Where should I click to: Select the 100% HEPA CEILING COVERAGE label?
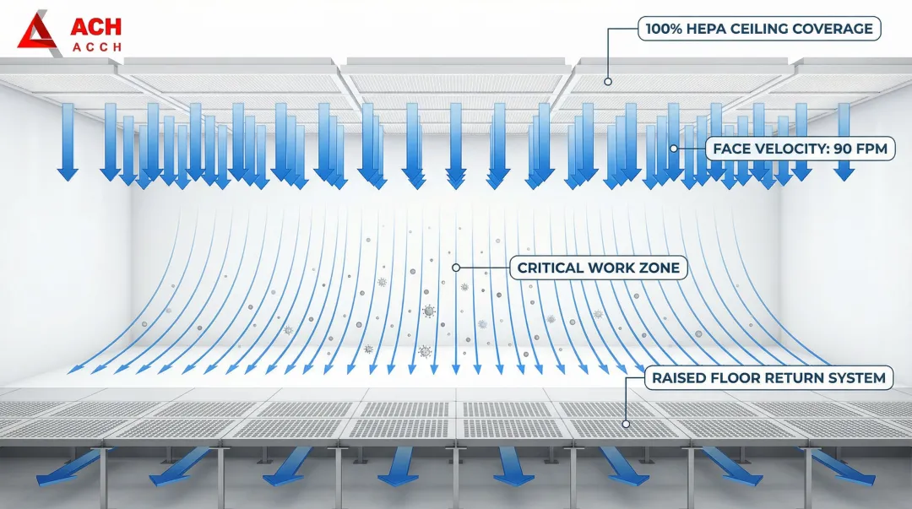coord(758,29)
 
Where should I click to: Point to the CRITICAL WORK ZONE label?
coord(598,268)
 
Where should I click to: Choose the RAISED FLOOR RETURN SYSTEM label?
coord(768,378)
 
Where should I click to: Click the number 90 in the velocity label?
coord(844,149)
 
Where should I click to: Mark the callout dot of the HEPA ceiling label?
coord(606,81)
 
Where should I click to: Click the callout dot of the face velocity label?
coord(674,149)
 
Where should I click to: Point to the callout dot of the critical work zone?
coord(456,268)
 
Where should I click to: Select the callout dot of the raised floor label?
coord(626,424)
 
